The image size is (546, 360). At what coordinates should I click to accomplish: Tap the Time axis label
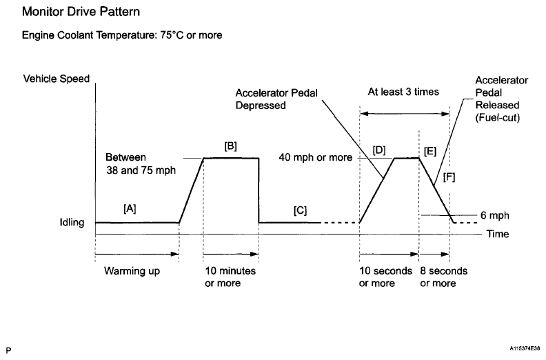click(498, 234)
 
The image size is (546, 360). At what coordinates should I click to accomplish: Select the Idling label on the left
click(71, 223)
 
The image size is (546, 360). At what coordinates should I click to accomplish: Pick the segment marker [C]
click(300, 211)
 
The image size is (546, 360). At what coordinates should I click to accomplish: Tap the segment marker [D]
click(378, 149)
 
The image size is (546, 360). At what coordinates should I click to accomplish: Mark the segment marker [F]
click(449, 177)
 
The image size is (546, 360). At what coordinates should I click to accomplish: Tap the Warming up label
click(132, 271)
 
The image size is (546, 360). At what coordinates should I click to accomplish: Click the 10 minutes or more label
click(230, 277)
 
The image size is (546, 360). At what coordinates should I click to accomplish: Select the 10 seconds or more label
click(386, 277)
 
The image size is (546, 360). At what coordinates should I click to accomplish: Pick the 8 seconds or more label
click(444, 277)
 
